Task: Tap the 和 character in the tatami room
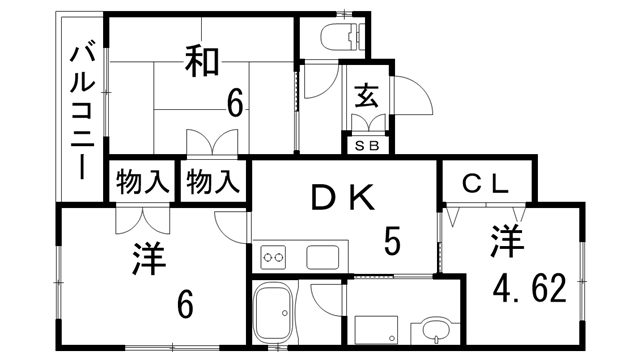(201, 62)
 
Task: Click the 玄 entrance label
(367, 97)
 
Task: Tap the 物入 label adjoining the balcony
(141, 183)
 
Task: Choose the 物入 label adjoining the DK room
(212, 183)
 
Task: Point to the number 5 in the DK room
(393, 240)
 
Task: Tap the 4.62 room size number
(530, 288)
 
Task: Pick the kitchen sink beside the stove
(324, 257)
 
